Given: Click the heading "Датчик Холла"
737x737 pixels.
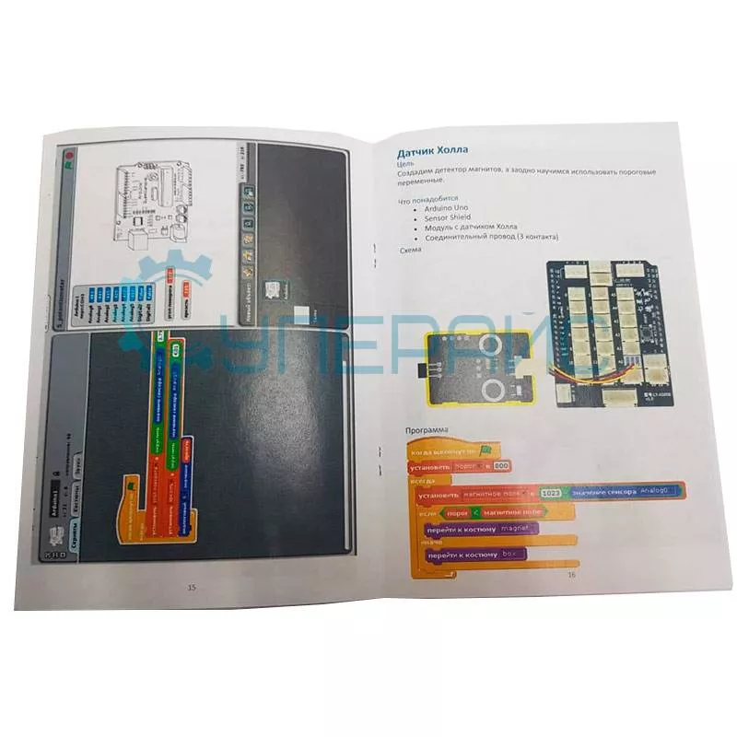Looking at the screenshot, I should click(431, 150).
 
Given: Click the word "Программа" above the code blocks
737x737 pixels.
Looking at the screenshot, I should click(419, 430).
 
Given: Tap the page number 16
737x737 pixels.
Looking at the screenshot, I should click(571, 575).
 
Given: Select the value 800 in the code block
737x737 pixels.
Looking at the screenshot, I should click(502, 467).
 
